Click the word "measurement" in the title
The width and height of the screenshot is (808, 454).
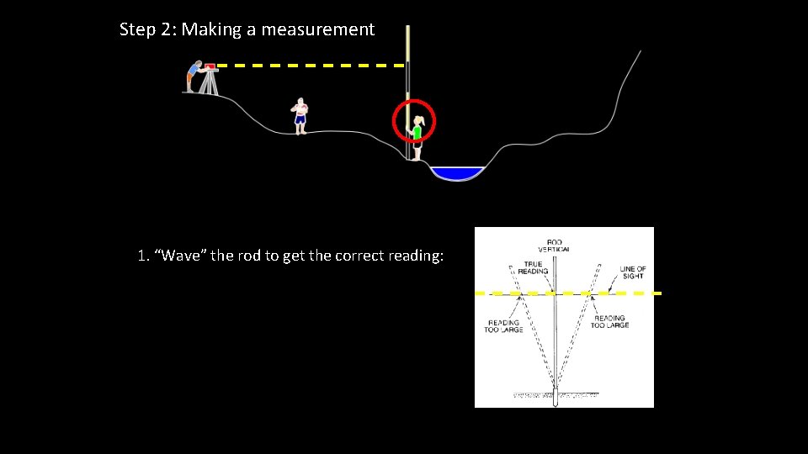pyautogui.click(x=317, y=29)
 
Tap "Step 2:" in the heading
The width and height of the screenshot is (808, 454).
pyautogui.click(x=148, y=29)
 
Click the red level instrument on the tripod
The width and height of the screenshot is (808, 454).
pyautogui.click(x=210, y=66)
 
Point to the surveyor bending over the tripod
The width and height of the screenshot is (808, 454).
pyautogui.click(x=194, y=76)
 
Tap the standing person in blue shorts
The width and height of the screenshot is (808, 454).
pyautogui.click(x=300, y=116)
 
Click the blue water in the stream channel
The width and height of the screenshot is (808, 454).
pyautogui.click(x=457, y=173)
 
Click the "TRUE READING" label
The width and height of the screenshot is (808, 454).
pyautogui.click(x=533, y=268)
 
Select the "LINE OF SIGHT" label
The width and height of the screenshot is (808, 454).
pyautogui.click(x=633, y=272)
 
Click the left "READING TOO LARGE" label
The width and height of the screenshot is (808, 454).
pyautogui.click(x=503, y=325)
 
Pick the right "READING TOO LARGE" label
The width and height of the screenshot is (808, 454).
pyautogui.click(x=610, y=321)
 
